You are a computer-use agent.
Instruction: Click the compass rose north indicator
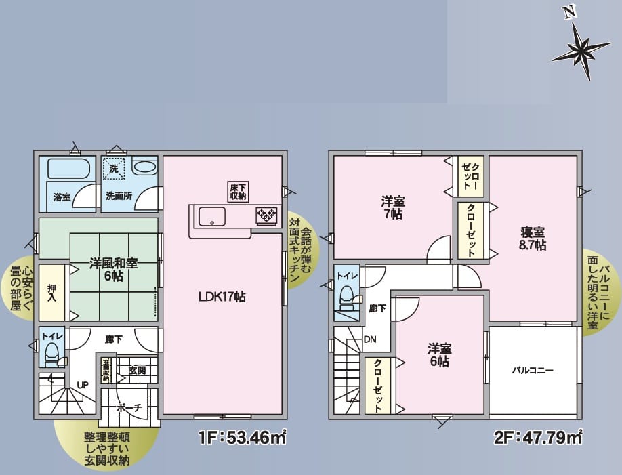[581, 48]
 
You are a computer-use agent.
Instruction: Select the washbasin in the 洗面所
[144, 167]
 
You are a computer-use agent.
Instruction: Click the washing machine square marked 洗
[115, 169]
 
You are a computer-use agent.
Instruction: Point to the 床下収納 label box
[239, 192]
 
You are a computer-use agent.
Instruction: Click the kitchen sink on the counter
[212, 217]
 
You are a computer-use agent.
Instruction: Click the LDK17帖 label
[222, 296]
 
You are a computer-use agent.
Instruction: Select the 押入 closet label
[51, 292]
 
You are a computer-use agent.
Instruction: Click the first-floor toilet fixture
[51, 354]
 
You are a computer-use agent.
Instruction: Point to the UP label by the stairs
[83, 385]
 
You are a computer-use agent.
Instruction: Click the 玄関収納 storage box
[106, 370]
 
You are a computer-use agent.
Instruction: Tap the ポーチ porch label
[129, 407]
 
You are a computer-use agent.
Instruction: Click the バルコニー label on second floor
[533, 371]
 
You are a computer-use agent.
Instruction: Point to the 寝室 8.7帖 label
[533, 238]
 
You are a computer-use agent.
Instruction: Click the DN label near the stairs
[370, 339]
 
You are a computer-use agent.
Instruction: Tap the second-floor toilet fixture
[347, 298]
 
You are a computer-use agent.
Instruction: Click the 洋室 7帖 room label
[393, 207]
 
